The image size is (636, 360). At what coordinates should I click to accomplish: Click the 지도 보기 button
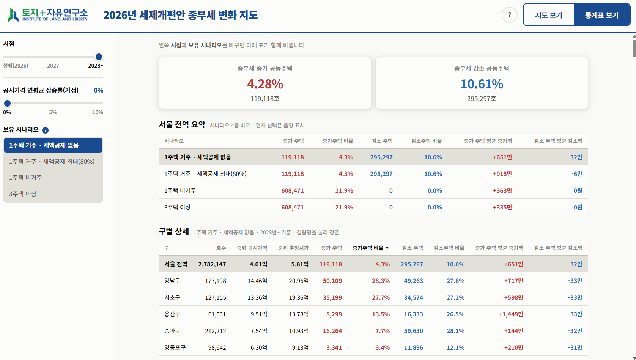[x=549, y=15]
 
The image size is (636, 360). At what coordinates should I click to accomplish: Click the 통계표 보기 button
[x=602, y=15]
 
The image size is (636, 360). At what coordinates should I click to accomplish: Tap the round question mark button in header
[x=509, y=15]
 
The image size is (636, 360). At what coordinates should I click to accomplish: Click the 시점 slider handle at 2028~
[x=99, y=57]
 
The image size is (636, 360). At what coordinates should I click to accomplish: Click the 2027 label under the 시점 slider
[x=53, y=66]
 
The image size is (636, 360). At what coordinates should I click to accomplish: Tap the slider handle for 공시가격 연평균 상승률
[x=7, y=103]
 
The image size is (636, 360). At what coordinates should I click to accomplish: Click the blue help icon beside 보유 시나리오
[x=45, y=130]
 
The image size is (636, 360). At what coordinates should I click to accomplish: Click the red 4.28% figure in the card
[x=265, y=84]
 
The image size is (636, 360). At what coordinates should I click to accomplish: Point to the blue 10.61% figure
[x=482, y=84]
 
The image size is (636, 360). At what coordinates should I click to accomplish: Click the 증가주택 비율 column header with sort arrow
[x=370, y=248]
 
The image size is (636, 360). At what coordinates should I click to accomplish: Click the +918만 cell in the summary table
[x=502, y=174]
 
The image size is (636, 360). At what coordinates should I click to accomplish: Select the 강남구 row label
[x=172, y=281]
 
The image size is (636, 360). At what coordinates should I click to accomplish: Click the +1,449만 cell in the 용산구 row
[x=511, y=314]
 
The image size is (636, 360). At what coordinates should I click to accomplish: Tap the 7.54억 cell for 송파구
[x=259, y=331]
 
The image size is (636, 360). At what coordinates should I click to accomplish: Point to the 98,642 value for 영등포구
[x=217, y=347]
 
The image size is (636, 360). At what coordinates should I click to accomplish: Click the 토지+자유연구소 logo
[x=48, y=15]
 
